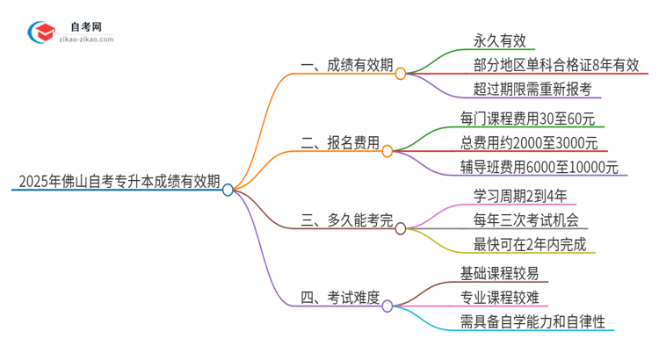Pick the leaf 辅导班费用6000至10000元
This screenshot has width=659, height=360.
pyautogui.click(x=539, y=167)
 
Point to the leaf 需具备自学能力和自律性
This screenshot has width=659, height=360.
pyautogui.click(x=532, y=321)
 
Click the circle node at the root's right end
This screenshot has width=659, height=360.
pyautogui.click(x=228, y=190)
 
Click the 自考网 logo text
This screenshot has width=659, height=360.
pyautogui.click(x=90, y=26)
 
